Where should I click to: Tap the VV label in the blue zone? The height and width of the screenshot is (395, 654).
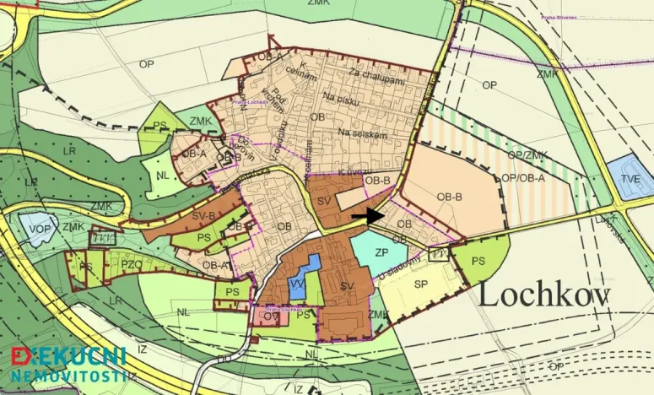298,284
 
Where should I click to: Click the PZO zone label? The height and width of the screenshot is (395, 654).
132,265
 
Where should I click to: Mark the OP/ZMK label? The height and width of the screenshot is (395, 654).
527,156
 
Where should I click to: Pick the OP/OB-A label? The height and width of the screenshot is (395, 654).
522,178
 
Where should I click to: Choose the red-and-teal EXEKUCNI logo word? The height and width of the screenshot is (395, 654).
68,355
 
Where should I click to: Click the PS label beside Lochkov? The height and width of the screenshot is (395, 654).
478,261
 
